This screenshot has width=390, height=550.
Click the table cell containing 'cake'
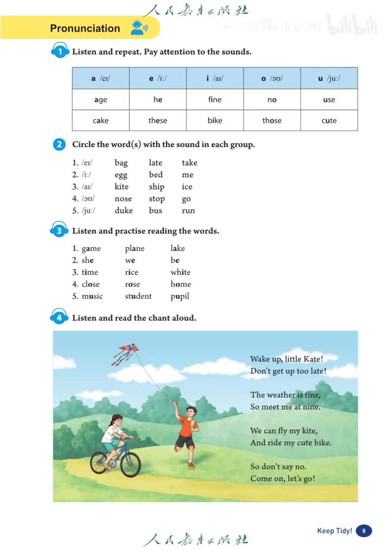point(101,120)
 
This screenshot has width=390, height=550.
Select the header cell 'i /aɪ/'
point(215,78)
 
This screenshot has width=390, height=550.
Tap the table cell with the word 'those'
point(272,120)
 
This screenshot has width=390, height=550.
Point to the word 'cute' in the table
point(329,120)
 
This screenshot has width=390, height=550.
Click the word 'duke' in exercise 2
point(123,211)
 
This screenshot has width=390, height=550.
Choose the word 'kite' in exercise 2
point(122,187)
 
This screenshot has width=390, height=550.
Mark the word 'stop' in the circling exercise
point(157,199)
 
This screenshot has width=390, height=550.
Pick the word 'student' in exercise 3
point(138,296)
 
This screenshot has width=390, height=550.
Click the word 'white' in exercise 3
point(180,272)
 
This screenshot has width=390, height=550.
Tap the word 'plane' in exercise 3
point(135,248)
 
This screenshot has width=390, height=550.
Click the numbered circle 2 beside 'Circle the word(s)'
point(60,145)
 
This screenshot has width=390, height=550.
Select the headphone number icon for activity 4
point(59,317)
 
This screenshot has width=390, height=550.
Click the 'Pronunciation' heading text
point(85,28)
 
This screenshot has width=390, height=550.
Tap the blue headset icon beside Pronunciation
point(138,28)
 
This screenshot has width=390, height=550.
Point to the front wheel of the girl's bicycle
point(131,465)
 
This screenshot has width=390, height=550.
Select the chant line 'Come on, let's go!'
point(282,479)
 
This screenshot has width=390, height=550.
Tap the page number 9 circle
point(363,531)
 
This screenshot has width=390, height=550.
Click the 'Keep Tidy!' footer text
point(334,531)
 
